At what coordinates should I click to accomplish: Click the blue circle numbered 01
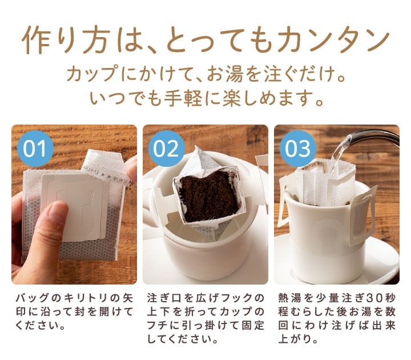coord(35,148)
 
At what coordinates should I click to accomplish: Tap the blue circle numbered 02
coord(167,148)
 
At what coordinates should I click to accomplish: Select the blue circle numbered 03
coord(298,148)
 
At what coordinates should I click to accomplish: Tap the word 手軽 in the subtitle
coord(183,99)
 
